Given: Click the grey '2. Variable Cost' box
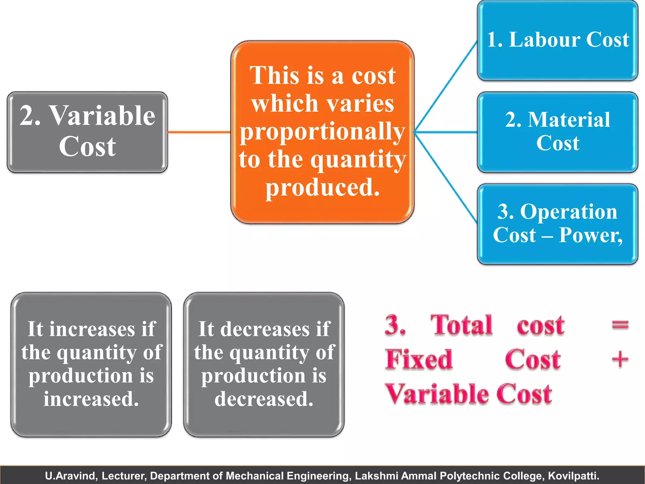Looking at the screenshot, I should (x=87, y=132).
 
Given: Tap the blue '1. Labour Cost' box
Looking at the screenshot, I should (x=557, y=40).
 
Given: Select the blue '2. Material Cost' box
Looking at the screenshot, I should (x=557, y=132).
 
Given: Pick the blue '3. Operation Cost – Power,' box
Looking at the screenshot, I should (x=557, y=224).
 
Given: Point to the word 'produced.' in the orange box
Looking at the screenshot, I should (x=322, y=187).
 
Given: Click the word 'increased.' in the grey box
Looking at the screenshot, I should (x=91, y=399).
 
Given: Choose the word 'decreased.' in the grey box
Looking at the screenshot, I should (x=264, y=399).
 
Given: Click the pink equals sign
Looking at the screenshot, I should (x=620, y=325).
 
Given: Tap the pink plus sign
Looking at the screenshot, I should (x=620, y=359).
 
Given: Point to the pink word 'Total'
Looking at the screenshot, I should (x=461, y=325).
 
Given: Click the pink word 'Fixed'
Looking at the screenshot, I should (x=419, y=359).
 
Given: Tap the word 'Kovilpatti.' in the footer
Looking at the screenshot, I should (x=574, y=475).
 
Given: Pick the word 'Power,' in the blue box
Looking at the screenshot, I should (x=591, y=235).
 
